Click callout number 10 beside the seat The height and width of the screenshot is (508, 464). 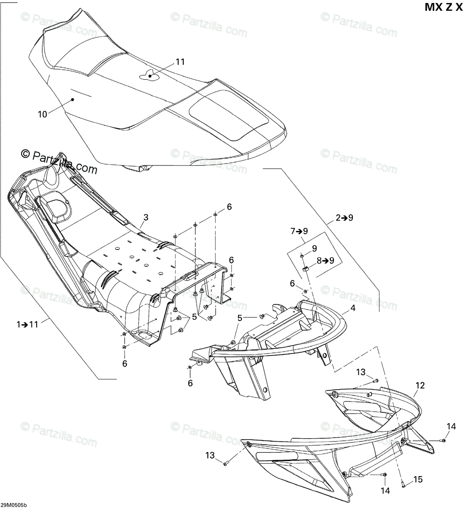point(42,114)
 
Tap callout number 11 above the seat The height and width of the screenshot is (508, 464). point(180,62)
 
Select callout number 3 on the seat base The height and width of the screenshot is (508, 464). point(146,218)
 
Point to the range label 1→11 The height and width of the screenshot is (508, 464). point(28,324)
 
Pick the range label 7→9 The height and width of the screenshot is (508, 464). point(298,231)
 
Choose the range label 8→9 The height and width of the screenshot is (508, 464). point(326,260)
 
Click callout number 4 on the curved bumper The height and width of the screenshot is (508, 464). point(353,309)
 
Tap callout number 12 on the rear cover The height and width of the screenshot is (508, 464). point(420,385)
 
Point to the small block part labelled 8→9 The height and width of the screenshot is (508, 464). point(306,268)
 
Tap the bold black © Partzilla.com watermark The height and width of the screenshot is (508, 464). point(60,160)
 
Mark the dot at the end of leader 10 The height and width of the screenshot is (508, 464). point(72,100)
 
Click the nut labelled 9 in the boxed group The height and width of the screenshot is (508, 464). point(303,256)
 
